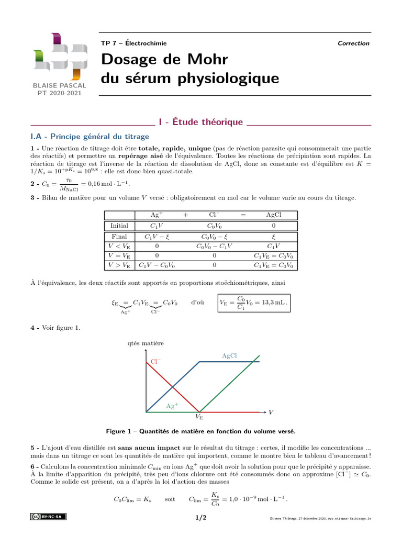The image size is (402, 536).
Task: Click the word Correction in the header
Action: [353, 43]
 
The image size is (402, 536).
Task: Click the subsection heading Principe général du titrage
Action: [90, 137]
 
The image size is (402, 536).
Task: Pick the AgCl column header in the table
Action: [274, 215]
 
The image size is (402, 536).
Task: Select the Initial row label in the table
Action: [119, 226]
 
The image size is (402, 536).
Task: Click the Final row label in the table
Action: [119, 237]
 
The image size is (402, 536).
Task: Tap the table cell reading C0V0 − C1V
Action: [214, 246]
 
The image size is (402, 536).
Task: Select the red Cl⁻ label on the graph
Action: [156, 362]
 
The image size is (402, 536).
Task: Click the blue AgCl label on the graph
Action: [230, 356]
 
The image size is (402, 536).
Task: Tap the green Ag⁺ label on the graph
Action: [172, 406]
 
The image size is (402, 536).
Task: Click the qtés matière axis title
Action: [146, 343]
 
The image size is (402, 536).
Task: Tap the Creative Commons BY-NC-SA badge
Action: [48, 517]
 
